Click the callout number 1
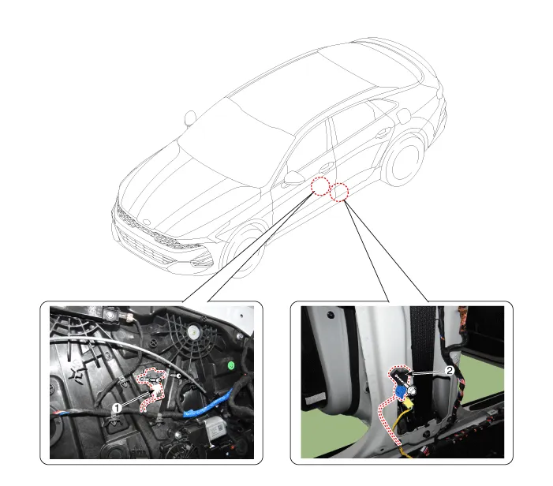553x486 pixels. point(117,408)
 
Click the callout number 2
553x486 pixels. point(450,370)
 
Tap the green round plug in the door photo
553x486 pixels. point(231,365)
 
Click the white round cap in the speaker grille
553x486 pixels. point(192,331)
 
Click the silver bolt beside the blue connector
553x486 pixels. point(411,390)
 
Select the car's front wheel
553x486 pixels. point(245,249)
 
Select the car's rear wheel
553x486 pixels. point(404,159)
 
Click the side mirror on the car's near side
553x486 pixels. point(293,178)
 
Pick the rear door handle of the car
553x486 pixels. point(383,133)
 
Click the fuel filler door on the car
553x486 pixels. point(403,117)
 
